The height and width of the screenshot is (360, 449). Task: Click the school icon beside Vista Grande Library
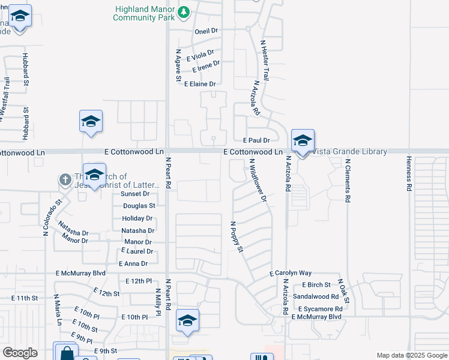pyautogui.click(x=303, y=141)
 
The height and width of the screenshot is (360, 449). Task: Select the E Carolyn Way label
pyautogui.click(x=291, y=273)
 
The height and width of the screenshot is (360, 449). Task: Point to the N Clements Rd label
pyautogui.click(x=347, y=179)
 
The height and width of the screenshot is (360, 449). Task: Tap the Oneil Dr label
pyautogui.click(x=205, y=30)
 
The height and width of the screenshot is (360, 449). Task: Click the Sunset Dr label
pyautogui.click(x=134, y=194)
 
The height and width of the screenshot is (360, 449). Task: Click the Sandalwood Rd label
pyautogui.click(x=316, y=296)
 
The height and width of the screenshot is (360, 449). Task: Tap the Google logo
pyautogui.click(x=20, y=353)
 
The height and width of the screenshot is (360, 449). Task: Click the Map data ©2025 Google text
pyautogui.click(x=411, y=355)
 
